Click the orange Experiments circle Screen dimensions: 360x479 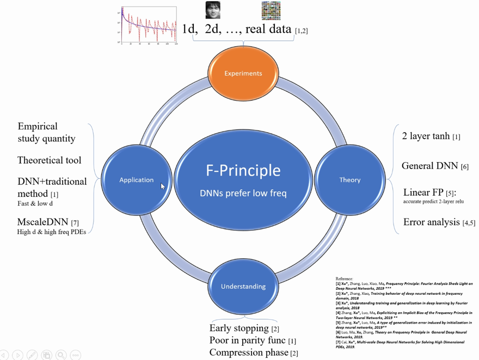[x=243, y=73]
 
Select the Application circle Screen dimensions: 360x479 [x=136, y=180]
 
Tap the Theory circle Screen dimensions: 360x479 [x=349, y=180]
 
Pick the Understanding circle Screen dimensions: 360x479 [x=243, y=287]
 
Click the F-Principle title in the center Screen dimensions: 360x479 [x=243, y=170]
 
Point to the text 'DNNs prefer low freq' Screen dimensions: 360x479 [x=243, y=193]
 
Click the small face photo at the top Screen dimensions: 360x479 [x=213, y=10]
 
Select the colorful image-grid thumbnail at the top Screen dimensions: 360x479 [x=271, y=10]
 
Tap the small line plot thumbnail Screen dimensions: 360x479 [x=149, y=25]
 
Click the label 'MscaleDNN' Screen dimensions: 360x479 [x=43, y=222]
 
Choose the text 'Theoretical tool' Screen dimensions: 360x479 [x=49, y=160]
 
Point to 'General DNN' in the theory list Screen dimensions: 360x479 [x=429, y=166]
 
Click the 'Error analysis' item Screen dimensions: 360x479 [x=432, y=222]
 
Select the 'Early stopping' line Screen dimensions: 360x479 [x=239, y=328]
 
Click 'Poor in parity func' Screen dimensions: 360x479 [x=248, y=340]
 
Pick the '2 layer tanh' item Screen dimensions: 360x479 [x=426, y=136]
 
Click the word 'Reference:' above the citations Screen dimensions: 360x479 [x=344, y=279]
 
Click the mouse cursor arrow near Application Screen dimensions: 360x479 [x=162, y=186]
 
